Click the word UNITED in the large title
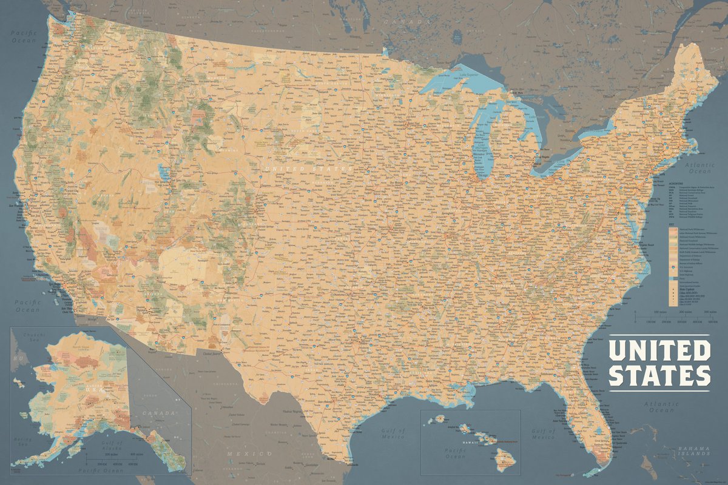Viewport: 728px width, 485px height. coord(659,350)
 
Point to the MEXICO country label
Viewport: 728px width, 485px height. coord(249,453)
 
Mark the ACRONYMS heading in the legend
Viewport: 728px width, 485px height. coord(675,182)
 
